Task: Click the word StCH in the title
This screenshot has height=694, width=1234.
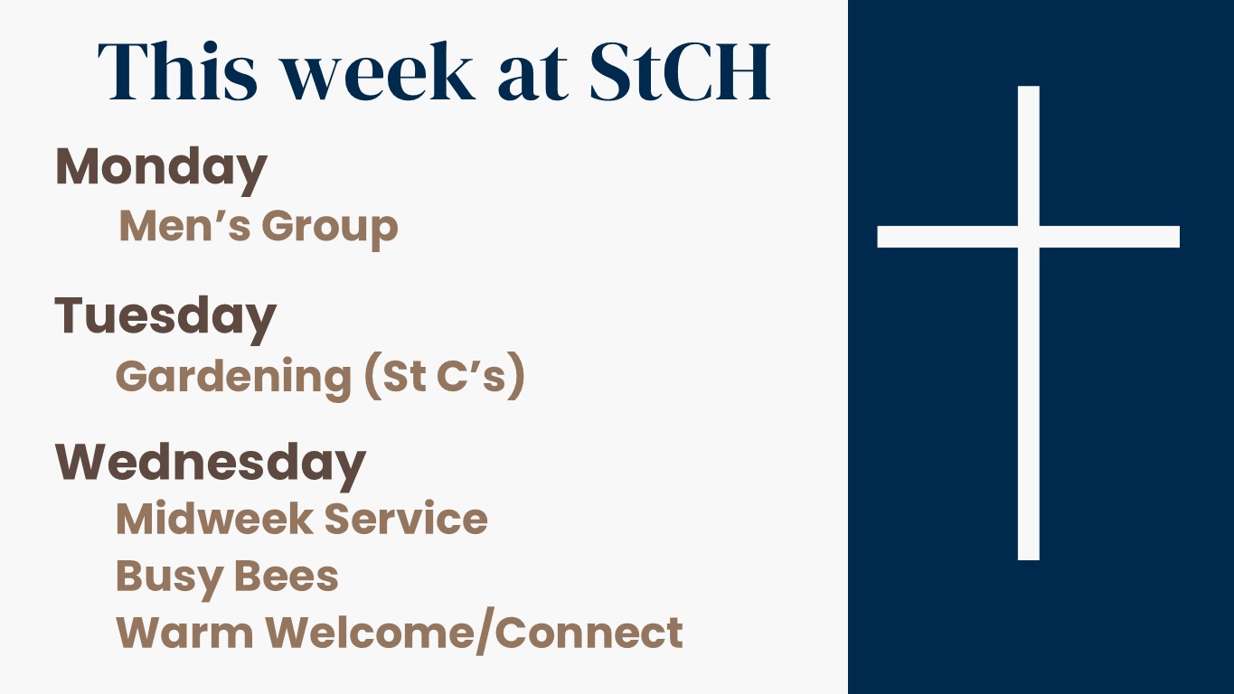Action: pyautogui.click(x=680, y=71)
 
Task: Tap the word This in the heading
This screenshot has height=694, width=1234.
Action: pyautogui.click(x=177, y=71)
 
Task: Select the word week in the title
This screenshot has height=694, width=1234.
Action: pyautogui.click(x=380, y=71)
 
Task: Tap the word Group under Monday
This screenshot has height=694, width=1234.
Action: pyautogui.click(x=330, y=228)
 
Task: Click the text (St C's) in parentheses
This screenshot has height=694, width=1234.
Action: pyautogui.click(x=445, y=376)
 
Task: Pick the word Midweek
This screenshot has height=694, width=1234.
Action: pyautogui.click(x=215, y=518)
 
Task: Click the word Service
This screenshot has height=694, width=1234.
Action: pyautogui.click(x=406, y=519)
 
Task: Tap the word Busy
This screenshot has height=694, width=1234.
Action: pyautogui.click(x=168, y=578)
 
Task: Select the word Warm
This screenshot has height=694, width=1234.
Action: pyautogui.click(x=184, y=633)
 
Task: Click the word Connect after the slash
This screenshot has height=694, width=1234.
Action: pyautogui.click(x=589, y=633)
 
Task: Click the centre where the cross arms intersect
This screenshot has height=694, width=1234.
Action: pyautogui.click(x=1029, y=237)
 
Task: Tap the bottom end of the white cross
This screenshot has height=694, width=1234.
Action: pyautogui.click(x=1029, y=559)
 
